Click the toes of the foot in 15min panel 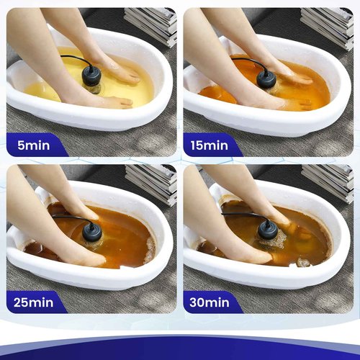click(302, 80)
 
